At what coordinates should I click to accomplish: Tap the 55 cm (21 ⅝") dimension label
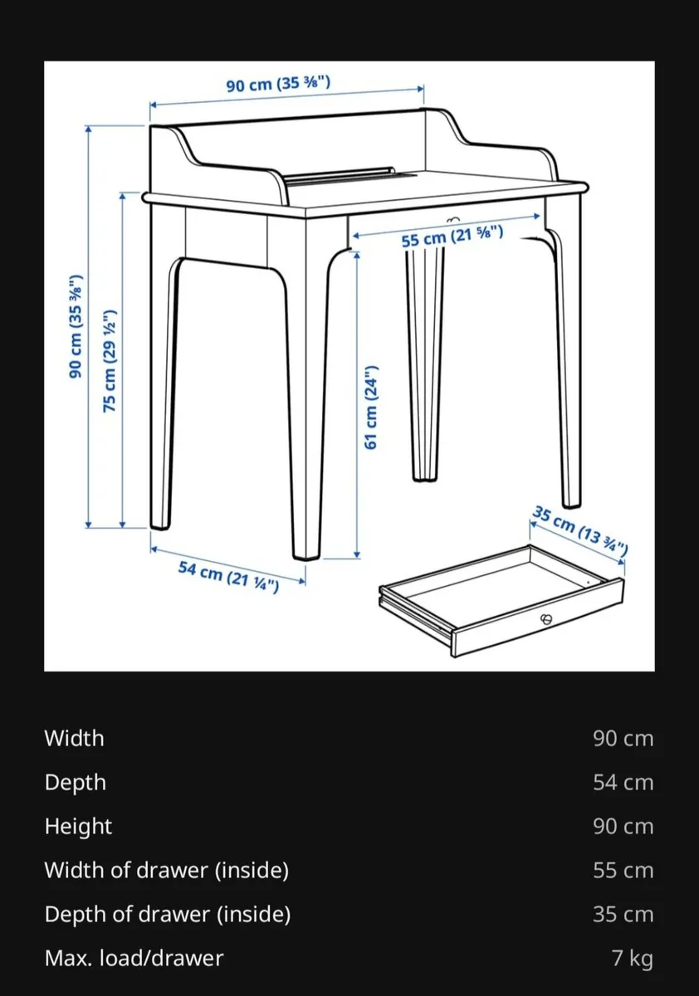452,236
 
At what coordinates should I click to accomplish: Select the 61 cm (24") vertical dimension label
372,407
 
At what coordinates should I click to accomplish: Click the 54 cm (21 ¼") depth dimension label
228,575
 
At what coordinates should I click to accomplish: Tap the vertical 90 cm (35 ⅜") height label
76,326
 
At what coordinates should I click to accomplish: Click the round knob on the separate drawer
545,618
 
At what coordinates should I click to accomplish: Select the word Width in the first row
74,738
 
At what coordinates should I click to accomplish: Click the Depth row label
75,782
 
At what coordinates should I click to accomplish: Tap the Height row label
78,827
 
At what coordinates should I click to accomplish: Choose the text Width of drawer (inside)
166,871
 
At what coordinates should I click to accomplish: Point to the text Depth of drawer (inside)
167,915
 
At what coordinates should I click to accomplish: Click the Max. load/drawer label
134,959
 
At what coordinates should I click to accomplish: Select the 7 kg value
632,959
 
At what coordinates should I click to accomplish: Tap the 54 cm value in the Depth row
623,782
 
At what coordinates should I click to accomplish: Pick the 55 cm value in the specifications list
623,871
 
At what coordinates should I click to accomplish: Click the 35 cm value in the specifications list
623,915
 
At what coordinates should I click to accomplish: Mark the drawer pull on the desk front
452,219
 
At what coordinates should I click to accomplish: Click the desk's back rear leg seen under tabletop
425,365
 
